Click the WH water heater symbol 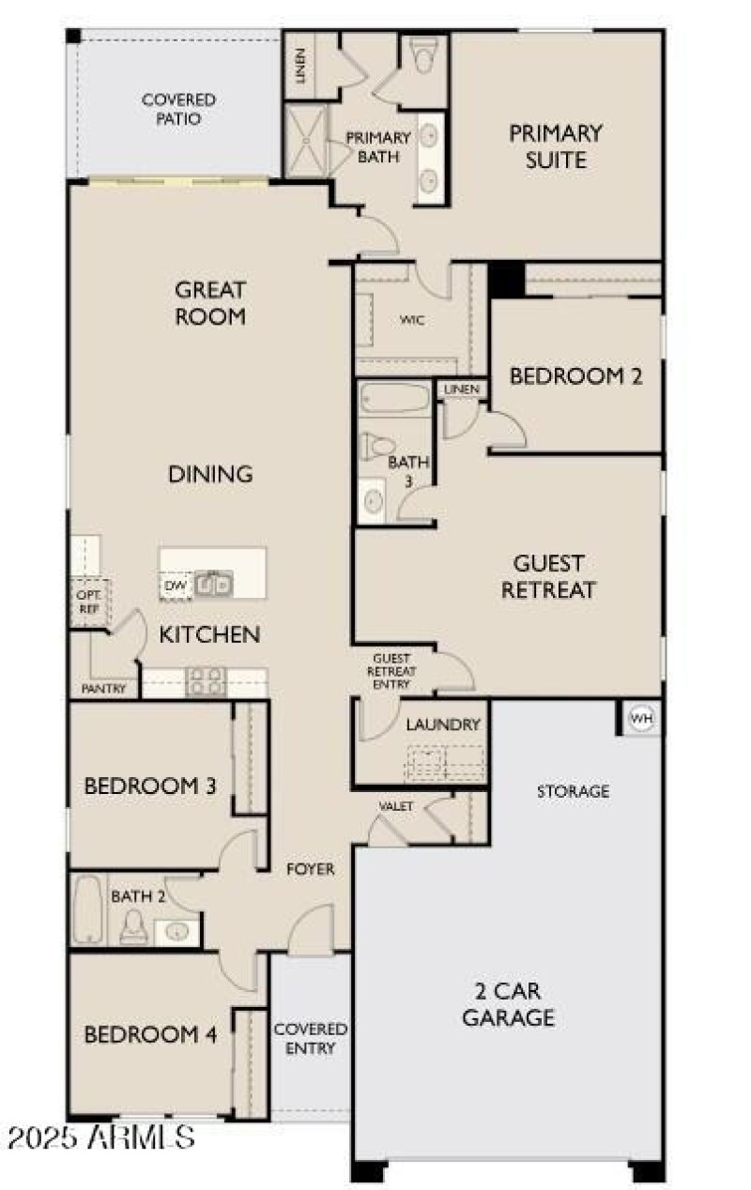coord(641,719)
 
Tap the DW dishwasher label coord(175,587)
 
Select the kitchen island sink coord(215,586)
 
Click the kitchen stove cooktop coord(206,682)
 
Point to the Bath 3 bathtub coord(393,399)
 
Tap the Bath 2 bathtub coord(87,909)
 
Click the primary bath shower coord(305,141)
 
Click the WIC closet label coord(412,320)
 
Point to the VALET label coord(395,806)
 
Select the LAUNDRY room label coord(443,725)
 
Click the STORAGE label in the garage coord(573,791)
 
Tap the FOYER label coord(310,869)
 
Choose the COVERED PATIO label coord(178,109)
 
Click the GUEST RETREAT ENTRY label coord(391,671)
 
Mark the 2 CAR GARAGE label coord(509,1003)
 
